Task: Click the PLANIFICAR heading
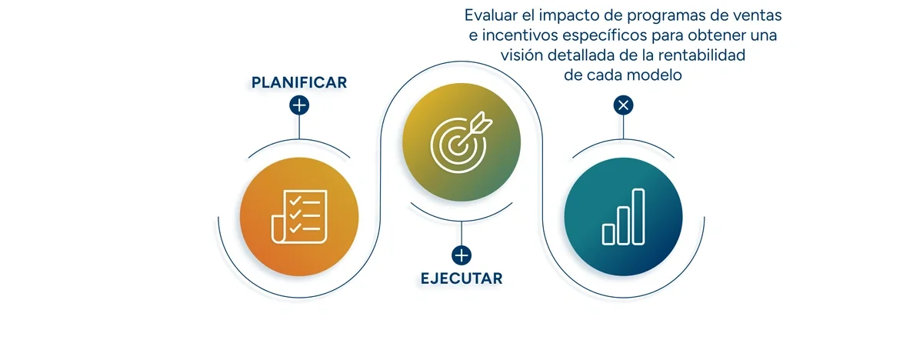click(298, 82)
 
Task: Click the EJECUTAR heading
click(461, 278)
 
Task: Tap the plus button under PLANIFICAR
click(299, 105)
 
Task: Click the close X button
click(623, 105)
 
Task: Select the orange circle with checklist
click(299, 215)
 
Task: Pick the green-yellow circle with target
click(461, 145)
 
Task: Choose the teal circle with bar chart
click(623, 215)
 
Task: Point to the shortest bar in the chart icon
click(608, 234)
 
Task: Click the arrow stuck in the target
click(479, 123)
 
